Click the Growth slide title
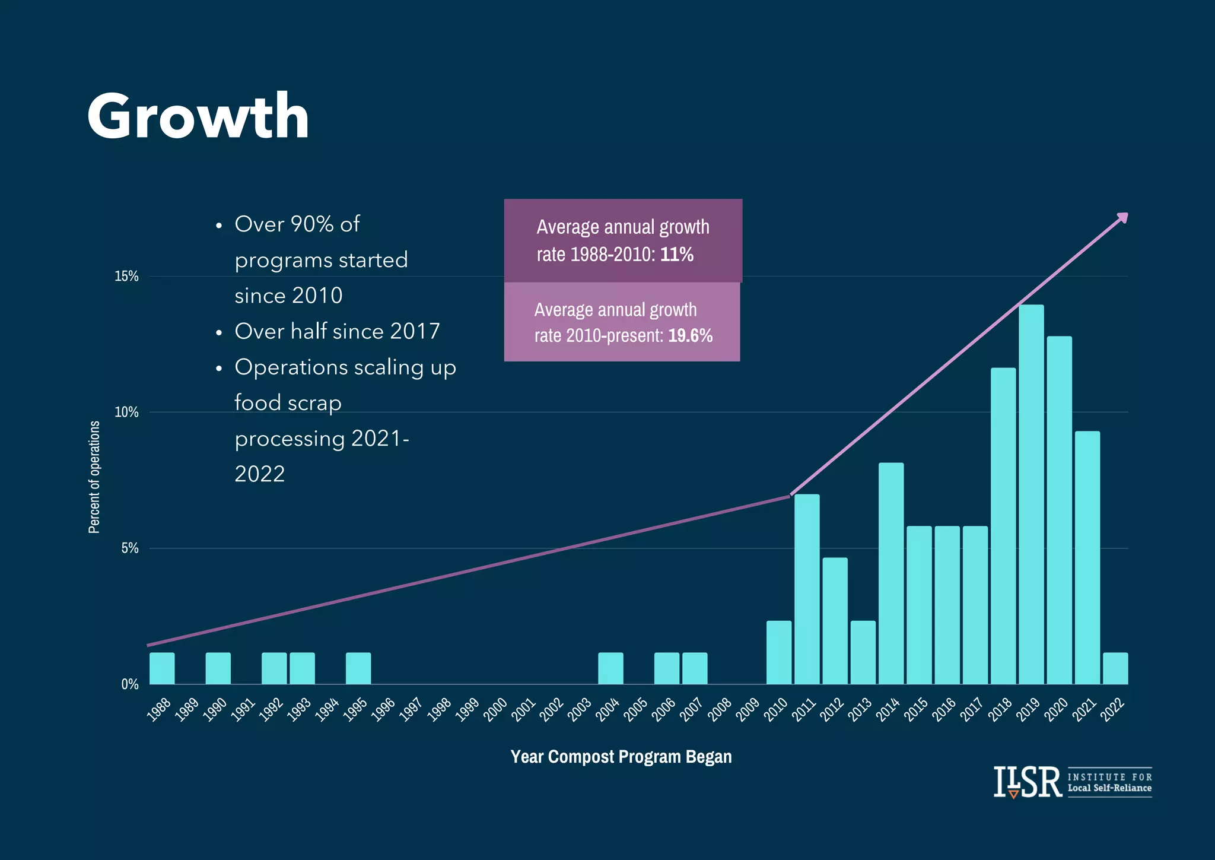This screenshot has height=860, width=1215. pyautogui.click(x=198, y=116)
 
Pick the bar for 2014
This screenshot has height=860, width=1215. pyautogui.click(x=891, y=573)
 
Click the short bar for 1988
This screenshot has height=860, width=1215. pyautogui.click(x=162, y=668)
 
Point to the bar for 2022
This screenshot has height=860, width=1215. pyautogui.click(x=1115, y=668)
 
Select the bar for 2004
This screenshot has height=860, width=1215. pyautogui.click(x=610, y=668)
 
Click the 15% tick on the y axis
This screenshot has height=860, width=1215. pyautogui.click(x=126, y=276)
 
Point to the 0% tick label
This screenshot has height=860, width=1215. pyautogui.click(x=130, y=684)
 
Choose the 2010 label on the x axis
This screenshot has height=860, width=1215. pyautogui.click(x=775, y=710)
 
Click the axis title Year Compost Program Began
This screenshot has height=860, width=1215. pyautogui.click(x=621, y=757)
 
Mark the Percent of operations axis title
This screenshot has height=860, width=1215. pyautogui.click(x=94, y=477)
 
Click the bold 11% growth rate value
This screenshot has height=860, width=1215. pyautogui.click(x=677, y=255)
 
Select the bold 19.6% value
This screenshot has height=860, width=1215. pyautogui.click(x=690, y=336)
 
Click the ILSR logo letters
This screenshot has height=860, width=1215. pyautogui.click(x=1028, y=782)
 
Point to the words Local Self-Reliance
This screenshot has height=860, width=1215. pyautogui.click(x=1109, y=788)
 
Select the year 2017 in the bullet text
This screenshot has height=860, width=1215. pyautogui.click(x=415, y=331)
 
